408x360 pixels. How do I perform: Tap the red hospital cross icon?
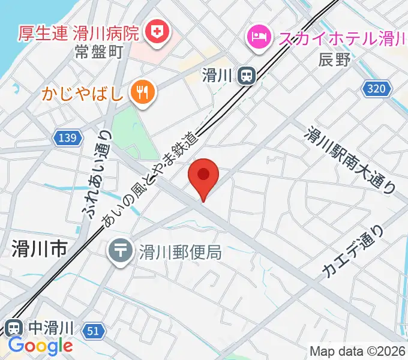coord(157,31)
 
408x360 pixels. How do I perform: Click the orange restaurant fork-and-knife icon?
coord(143,93)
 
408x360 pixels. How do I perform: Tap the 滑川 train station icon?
coord(246,76)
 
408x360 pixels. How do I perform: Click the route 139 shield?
coord(68,139)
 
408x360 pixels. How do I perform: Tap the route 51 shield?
coord(92,331)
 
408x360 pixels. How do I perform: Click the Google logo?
coord(40,346)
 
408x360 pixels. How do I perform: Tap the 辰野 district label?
coord(333,59)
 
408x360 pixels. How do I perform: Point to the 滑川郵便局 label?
coord(181,251)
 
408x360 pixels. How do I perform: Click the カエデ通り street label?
coord(353,251)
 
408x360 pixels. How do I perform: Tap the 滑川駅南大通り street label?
coord(352,158)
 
